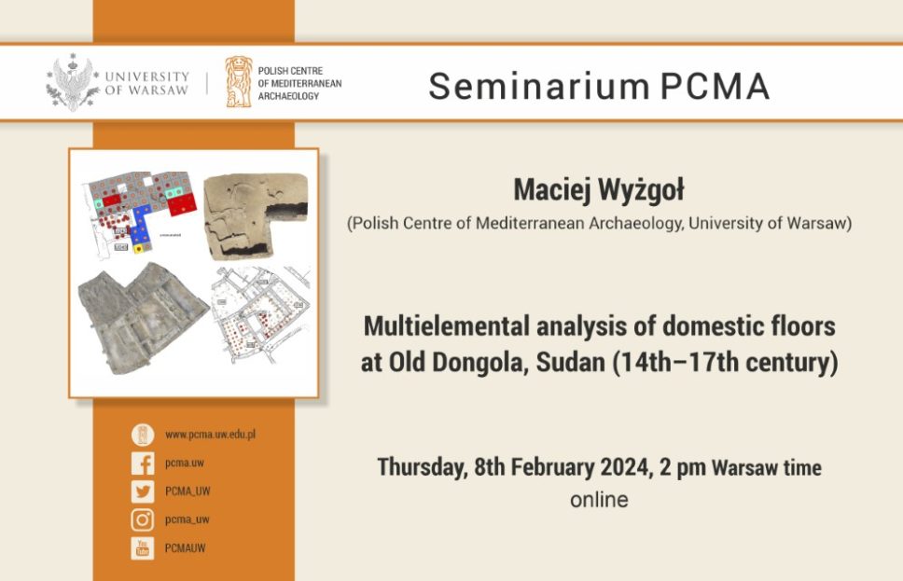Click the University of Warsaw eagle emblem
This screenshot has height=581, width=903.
[x=73, y=82]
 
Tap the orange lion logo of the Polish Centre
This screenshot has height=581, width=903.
[x=238, y=82]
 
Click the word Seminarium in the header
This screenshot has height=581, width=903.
[x=537, y=86]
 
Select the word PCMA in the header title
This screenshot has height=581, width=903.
[x=715, y=86]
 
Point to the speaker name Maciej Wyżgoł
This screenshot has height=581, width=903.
[x=598, y=190]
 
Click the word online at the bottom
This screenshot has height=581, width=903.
[x=599, y=500]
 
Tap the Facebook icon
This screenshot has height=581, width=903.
[x=142, y=463]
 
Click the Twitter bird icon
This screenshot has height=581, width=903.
[x=142, y=491]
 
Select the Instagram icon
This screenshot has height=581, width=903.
[x=142, y=519]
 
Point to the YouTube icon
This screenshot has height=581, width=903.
[x=142, y=548]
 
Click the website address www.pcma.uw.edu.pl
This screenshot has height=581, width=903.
[x=210, y=436]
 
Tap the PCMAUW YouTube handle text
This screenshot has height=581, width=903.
[x=185, y=548]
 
